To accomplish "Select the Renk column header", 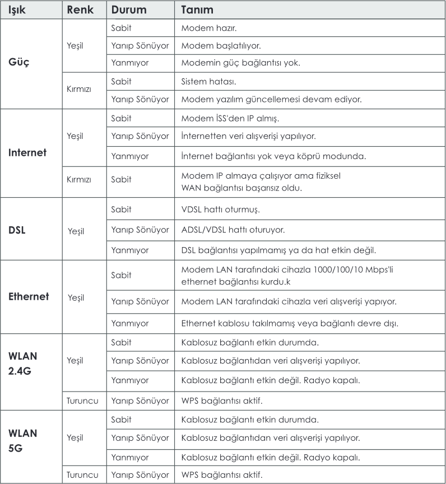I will click(79, 10).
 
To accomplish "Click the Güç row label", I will click(18, 62).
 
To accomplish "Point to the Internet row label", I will click(27, 152).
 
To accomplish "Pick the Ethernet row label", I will click(29, 297).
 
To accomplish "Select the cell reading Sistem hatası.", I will click(208, 81).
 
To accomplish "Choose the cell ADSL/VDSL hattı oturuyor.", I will click(233, 230).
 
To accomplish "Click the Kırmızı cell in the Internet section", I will click(78, 179).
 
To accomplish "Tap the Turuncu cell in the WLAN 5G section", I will click(82, 475).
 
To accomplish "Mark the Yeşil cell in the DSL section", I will click(76, 230).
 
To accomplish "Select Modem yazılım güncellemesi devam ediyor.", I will click(271, 99).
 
